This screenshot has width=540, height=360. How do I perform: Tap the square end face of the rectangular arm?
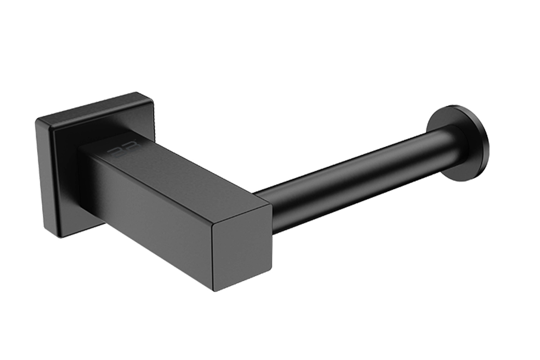point(243,247)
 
